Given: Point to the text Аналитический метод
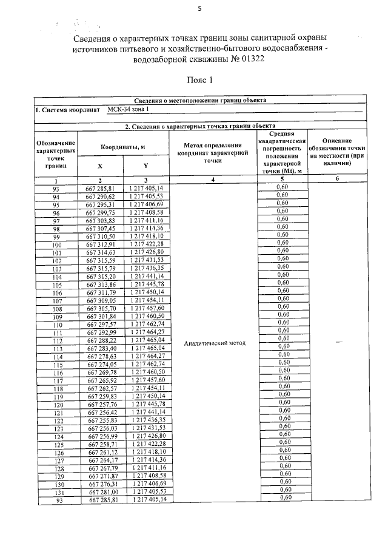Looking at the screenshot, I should (x=215, y=343).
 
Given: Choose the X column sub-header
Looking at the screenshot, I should (x=100, y=166).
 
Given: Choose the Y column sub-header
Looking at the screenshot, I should (x=145, y=166).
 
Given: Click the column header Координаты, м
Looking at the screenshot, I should (x=123, y=147).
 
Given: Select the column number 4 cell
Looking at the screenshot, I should (x=214, y=180).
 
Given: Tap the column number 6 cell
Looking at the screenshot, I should (x=336, y=180).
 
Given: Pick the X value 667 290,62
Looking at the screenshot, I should (x=101, y=197).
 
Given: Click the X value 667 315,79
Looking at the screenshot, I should (x=101, y=268).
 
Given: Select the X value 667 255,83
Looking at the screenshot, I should (x=101, y=420).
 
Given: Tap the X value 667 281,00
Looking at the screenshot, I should (x=101, y=492).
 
